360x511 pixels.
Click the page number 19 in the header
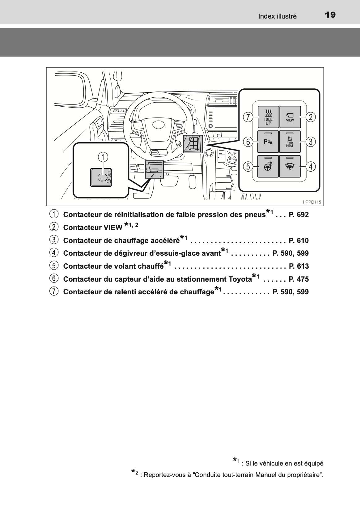click(x=330, y=15)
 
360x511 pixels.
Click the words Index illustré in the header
click(x=277, y=16)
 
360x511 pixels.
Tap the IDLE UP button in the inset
click(x=268, y=117)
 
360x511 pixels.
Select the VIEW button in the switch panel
click(x=290, y=117)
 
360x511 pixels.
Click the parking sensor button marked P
click(x=268, y=142)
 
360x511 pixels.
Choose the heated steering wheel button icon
click(x=268, y=166)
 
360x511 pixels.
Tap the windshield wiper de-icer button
click(x=290, y=166)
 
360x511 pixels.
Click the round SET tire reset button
click(x=101, y=177)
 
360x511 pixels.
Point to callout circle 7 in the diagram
click(x=248, y=117)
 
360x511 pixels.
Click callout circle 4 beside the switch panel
click(x=310, y=167)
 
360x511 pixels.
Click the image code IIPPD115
click(x=312, y=202)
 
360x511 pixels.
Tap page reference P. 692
click(x=299, y=215)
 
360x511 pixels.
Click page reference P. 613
click(x=299, y=266)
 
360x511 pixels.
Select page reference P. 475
click(x=299, y=279)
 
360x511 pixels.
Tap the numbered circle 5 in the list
click(x=54, y=266)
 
